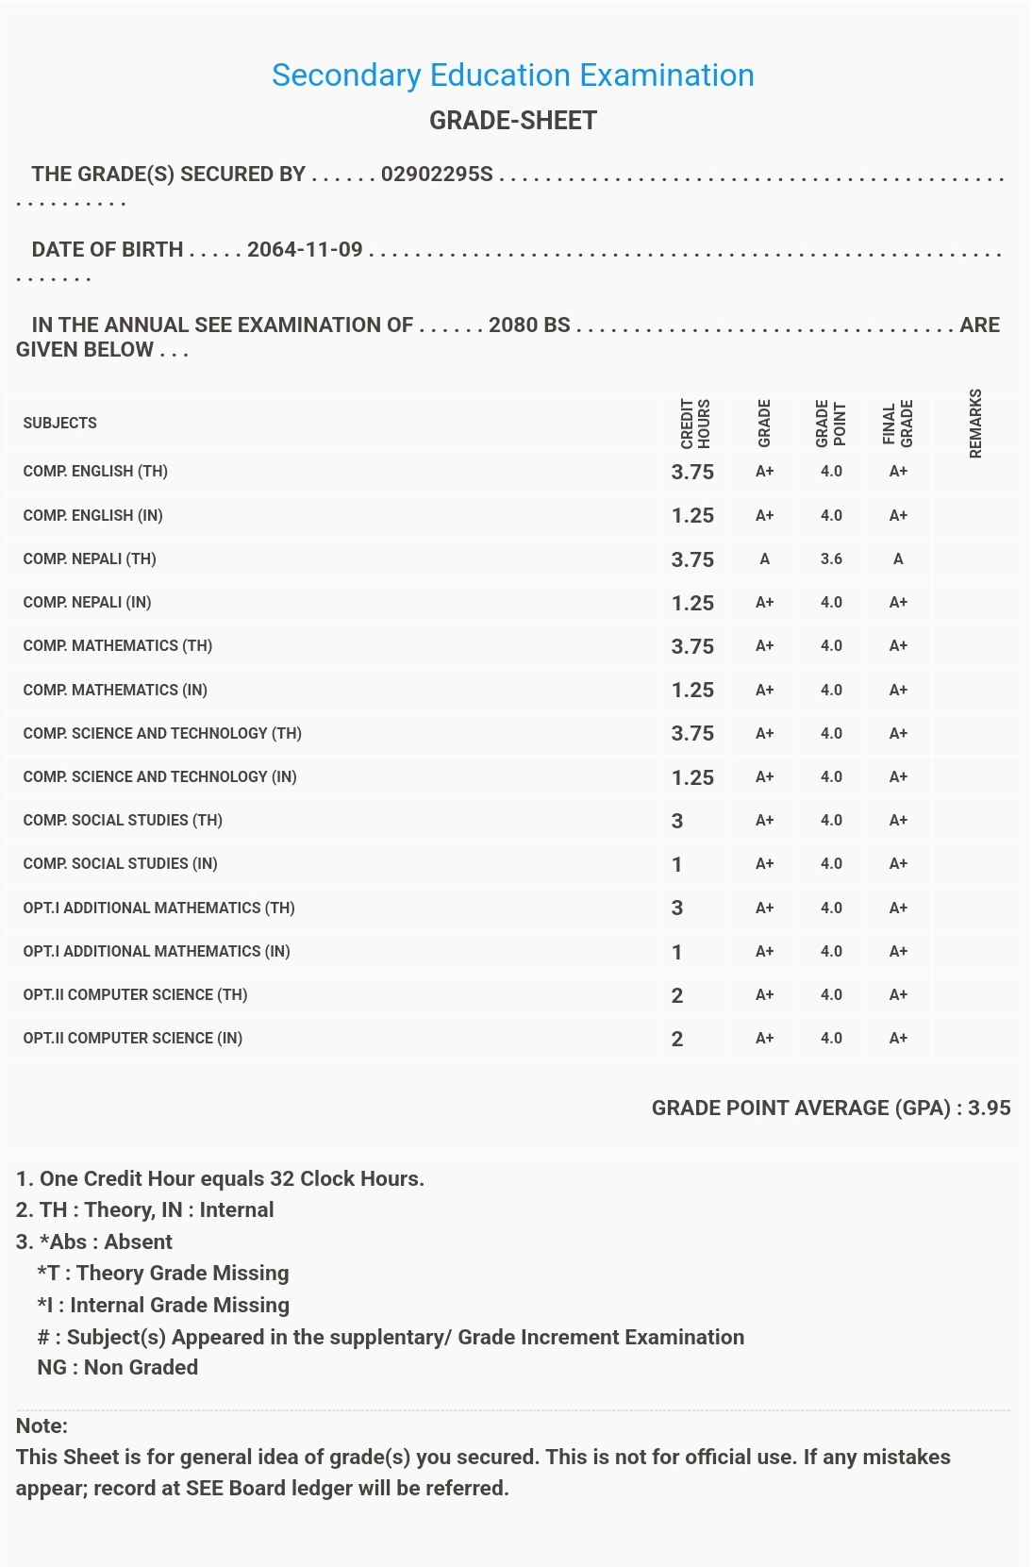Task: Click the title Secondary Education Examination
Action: point(512,75)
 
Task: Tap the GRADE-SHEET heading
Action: point(512,121)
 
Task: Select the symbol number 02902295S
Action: point(437,175)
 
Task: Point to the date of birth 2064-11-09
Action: point(305,250)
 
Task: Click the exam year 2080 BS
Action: point(529,325)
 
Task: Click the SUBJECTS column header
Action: point(59,423)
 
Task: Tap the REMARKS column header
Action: point(974,424)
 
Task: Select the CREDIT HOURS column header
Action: point(695,424)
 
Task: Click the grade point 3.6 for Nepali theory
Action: point(831,559)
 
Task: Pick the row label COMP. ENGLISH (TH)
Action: point(95,472)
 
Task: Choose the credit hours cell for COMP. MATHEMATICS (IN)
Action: point(692,691)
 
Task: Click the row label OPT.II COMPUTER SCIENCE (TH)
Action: point(135,995)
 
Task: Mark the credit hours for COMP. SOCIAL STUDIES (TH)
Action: point(677,821)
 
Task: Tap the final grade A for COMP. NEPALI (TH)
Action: point(898,559)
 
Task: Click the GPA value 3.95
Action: point(989,1109)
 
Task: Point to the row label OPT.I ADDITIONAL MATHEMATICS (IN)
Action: point(157,952)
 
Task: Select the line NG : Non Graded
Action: point(117,1368)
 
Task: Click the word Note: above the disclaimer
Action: point(42,1426)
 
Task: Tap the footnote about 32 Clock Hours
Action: point(221,1179)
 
